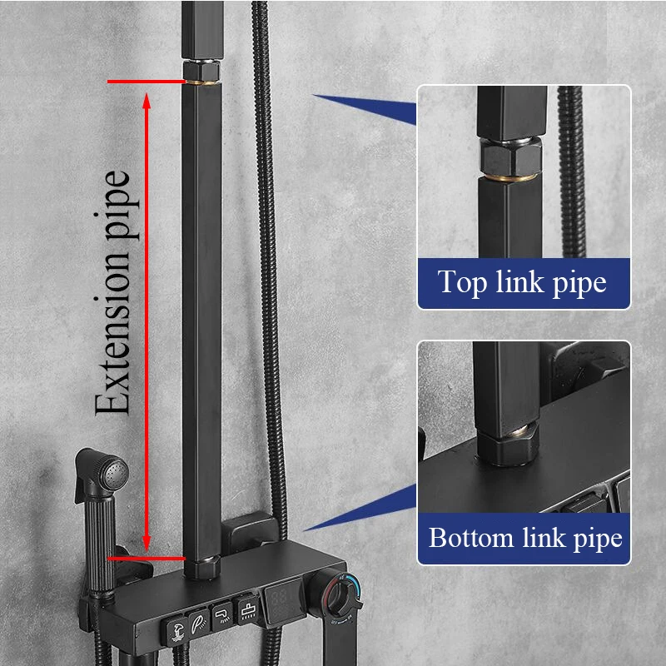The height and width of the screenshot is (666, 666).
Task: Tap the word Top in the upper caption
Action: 462,282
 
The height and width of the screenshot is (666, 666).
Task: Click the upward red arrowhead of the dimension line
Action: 147,100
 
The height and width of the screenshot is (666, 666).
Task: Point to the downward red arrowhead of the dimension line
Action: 147,545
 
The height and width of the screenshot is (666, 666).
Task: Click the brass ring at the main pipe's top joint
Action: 201,81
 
